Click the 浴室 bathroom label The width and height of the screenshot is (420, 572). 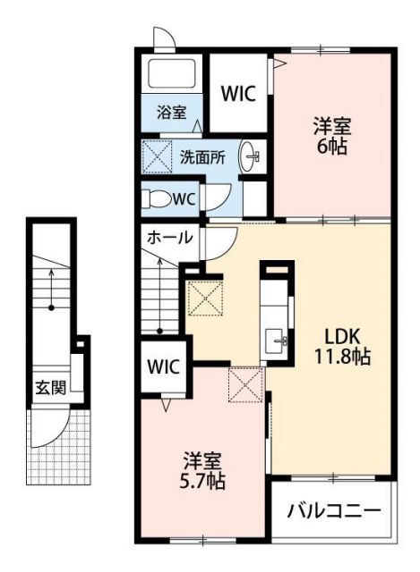pos(173,113)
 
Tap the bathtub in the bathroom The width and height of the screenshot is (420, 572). pos(174,75)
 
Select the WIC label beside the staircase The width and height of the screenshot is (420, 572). pos(164,366)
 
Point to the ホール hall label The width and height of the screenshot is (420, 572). pos(168,238)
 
